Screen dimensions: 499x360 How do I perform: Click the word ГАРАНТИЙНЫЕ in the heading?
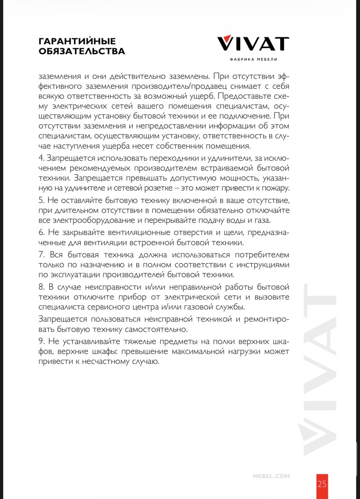coord(77,41)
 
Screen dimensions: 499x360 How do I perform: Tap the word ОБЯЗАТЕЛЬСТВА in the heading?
coord(82,51)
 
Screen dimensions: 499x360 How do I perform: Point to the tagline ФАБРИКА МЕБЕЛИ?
coord(253,59)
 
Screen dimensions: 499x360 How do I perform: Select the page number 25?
coord(322,484)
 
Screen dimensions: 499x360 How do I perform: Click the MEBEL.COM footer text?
coord(271,476)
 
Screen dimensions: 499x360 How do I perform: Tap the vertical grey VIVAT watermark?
coord(317,368)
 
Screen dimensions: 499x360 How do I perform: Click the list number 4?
coord(41,158)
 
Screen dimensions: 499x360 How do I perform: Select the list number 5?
coord(41,201)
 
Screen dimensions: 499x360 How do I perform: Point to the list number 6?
coord(41,233)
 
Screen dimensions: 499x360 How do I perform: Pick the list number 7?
coord(41,255)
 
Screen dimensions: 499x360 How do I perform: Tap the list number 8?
coord(41,287)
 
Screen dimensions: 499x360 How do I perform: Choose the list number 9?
coord(41,342)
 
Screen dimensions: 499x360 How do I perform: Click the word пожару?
coord(276,188)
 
